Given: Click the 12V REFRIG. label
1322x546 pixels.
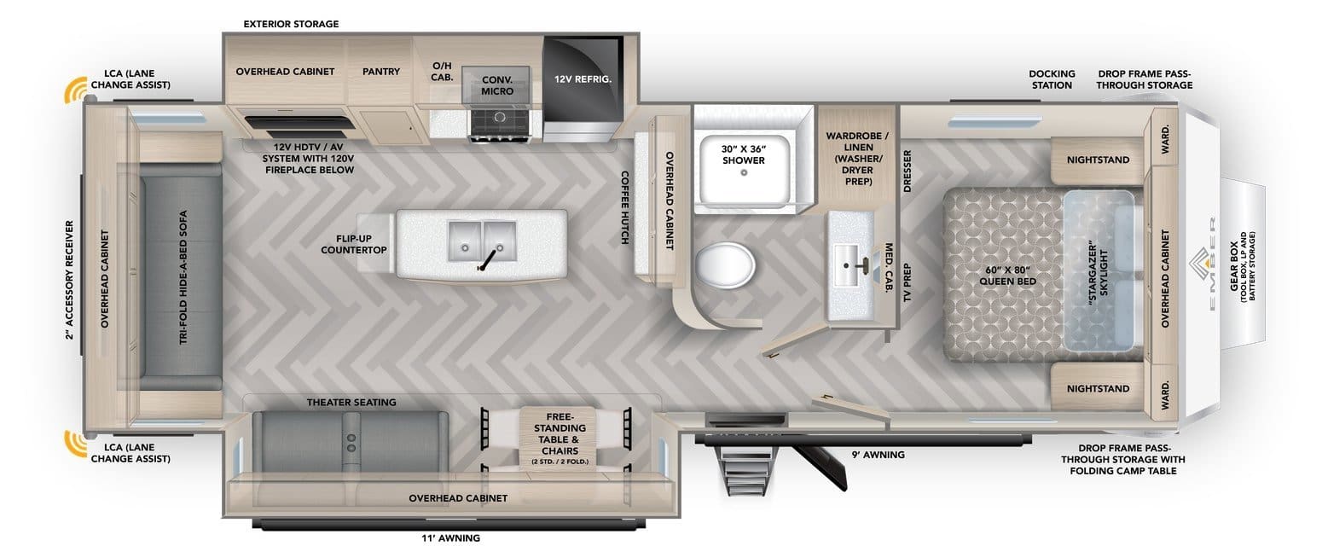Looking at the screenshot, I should (583, 78).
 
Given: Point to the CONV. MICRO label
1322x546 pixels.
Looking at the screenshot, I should (496, 84).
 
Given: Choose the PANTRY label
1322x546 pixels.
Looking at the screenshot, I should (380, 72).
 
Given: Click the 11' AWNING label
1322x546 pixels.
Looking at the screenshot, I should (450, 537).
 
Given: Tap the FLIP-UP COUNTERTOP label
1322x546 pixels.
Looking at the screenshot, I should (354, 244).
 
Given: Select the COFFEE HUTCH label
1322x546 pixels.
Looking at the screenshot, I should (624, 207).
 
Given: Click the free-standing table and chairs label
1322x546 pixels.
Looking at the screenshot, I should (559, 438).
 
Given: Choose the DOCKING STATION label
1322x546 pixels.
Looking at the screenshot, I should (1051, 79).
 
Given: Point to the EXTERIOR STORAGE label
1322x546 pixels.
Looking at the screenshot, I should (290, 24).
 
